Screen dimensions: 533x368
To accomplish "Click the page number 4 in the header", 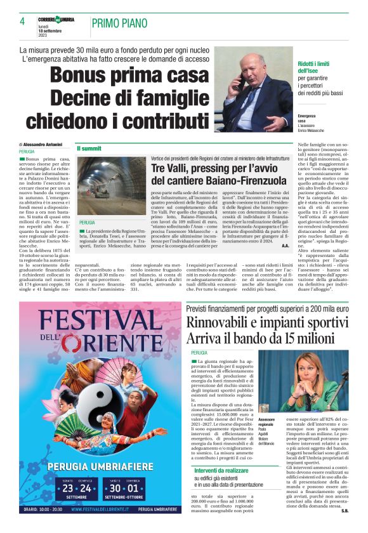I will [x=22, y=21].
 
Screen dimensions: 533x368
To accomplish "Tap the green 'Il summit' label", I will [x=89, y=148].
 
